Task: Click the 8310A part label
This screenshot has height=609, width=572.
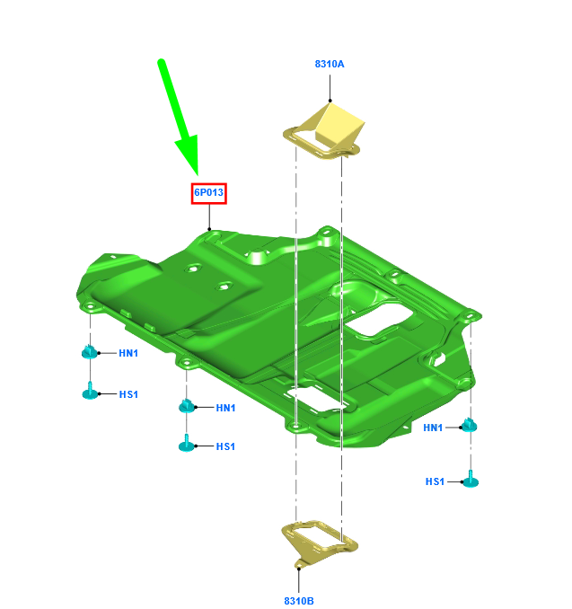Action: pos(330,64)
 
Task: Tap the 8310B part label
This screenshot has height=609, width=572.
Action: pos(299,601)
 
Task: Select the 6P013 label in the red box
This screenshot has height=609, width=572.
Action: pos(209,192)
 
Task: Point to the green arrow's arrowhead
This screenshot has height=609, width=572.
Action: pos(189,155)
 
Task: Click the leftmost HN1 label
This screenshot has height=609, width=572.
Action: pos(128,353)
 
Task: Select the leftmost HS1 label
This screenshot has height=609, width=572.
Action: pos(128,394)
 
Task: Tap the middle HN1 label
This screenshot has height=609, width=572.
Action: pos(225,408)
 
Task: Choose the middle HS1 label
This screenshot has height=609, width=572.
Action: pos(225,446)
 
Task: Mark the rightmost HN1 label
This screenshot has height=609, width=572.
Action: pos(433,428)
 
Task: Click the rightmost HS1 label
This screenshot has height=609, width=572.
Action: pos(435,481)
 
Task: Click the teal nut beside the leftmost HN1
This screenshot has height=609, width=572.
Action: pos(90,351)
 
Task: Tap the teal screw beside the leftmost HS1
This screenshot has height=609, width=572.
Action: pos(90,392)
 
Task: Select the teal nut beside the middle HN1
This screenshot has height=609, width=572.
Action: pos(187,406)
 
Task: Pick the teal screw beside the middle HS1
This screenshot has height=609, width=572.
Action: pos(187,444)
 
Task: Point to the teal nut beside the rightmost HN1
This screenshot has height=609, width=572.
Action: pos(469,425)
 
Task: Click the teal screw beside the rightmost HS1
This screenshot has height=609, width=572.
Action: pos(471,480)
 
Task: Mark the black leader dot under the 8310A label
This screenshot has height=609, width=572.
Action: pos(330,101)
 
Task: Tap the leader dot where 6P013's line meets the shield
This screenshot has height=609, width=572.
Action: pos(209,229)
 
